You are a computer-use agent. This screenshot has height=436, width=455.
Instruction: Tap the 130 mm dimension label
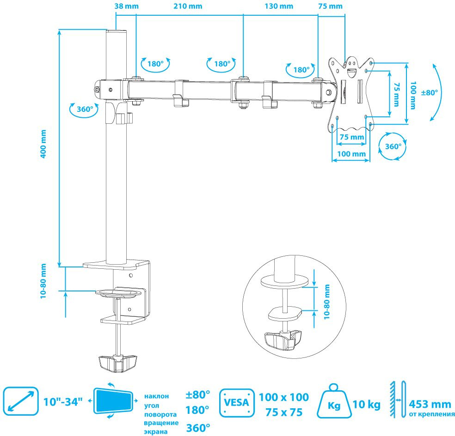(280, 6)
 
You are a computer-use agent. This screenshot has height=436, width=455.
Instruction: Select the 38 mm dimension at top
(125, 6)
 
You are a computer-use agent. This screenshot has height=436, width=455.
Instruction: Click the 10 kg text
(367, 405)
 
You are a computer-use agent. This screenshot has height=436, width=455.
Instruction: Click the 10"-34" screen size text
(63, 400)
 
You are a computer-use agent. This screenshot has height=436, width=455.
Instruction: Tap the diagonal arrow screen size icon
(20, 400)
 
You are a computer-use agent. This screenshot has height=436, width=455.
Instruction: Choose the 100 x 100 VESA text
(283, 397)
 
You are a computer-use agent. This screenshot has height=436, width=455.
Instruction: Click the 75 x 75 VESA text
(283, 412)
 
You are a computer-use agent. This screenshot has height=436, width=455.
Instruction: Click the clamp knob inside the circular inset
(283, 339)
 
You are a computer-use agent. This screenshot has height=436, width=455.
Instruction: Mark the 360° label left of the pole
(85, 109)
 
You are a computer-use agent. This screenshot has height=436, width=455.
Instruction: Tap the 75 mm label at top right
(331, 6)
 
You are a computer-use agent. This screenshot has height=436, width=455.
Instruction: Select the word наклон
(157, 396)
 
